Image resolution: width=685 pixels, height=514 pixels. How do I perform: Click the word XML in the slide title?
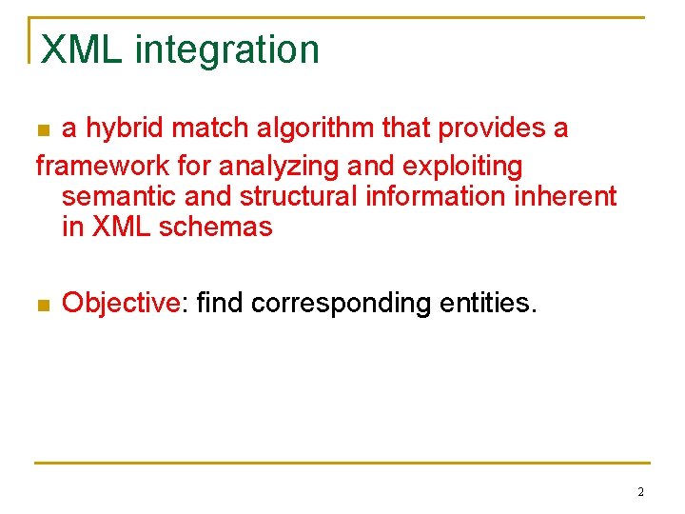[83, 49]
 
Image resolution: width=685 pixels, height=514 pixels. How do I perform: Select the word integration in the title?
[227, 51]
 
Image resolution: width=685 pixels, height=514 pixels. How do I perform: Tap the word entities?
[488, 304]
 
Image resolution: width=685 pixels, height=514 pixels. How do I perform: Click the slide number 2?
[640, 492]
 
